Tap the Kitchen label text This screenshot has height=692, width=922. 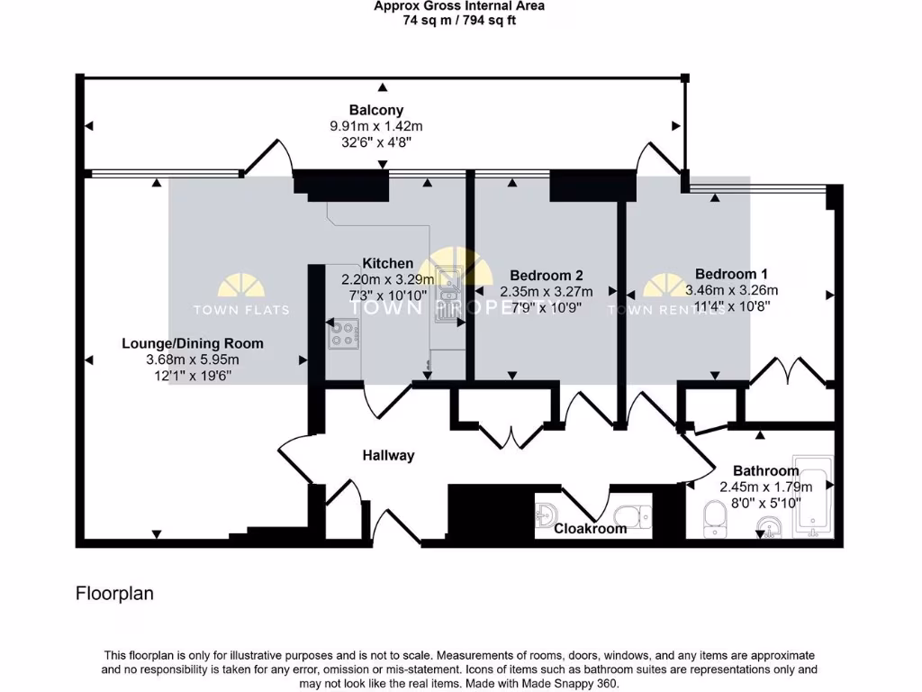click(x=388, y=264)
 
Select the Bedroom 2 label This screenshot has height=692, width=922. click(x=547, y=275)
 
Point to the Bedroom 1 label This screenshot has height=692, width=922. click(x=731, y=274)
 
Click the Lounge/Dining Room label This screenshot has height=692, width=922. click(x=193, y=343)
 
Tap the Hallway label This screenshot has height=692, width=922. click(x=388, y=456)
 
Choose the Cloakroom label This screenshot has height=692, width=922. click(x=590, y=529)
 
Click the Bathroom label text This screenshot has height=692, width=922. click(x=765, y=471)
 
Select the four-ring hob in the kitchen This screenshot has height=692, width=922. click(x=343, y=334)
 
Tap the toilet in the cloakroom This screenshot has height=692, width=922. click(x=632, y=515)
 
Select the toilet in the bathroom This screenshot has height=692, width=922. click(x=715, y=518)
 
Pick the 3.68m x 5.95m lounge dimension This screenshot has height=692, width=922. click(x=193, y=360)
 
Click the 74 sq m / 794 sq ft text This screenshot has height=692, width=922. click(x=459, y=20)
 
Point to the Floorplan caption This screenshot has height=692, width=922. click(x=114, y=594)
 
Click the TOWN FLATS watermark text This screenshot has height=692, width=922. click(x=241, y=310)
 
